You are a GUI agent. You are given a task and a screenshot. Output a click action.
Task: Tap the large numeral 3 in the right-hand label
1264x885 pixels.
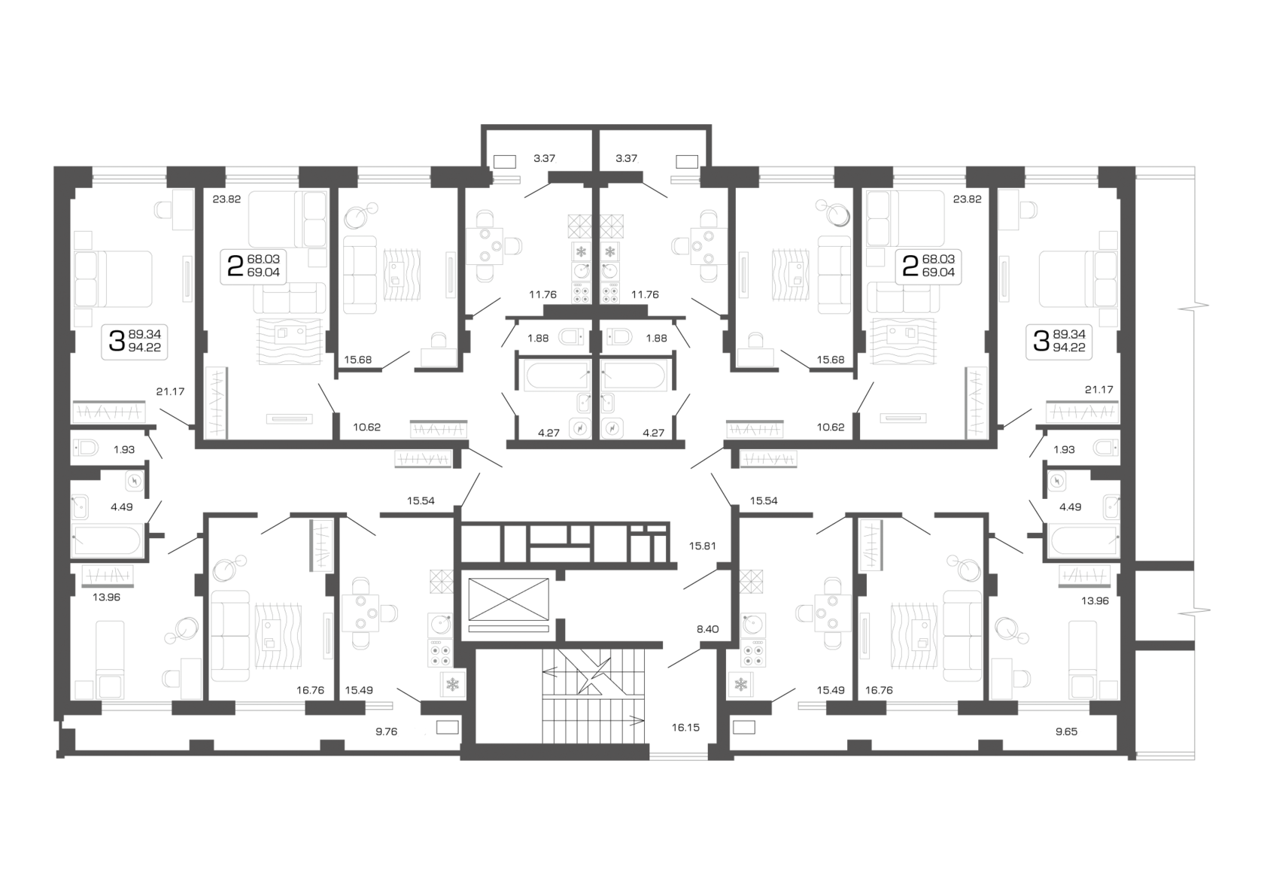pyautogui.click(x=1041, y=341)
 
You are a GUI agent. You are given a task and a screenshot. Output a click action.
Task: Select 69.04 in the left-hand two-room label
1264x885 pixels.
pyautogui.click(x=263, y=272)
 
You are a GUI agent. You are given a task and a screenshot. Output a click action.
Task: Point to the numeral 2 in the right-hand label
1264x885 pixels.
pyautogui.click(x=910, y=266)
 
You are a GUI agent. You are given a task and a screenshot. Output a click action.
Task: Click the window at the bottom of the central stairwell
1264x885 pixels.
pyautogui.click(x=679, y=755)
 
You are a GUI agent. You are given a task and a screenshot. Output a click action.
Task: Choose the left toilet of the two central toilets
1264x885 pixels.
pyautogui.click(x=572, y=336)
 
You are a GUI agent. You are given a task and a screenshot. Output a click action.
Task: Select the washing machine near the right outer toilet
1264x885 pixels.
pyautogui.click(x=1056, y=480)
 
